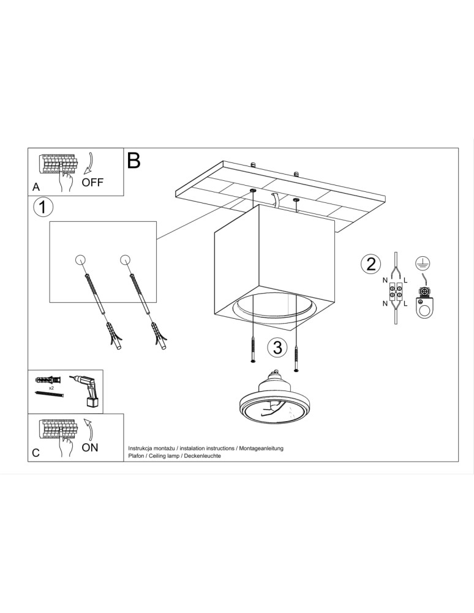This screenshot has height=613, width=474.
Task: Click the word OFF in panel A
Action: tap(92, 182)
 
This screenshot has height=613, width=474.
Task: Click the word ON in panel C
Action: tap(90, 447)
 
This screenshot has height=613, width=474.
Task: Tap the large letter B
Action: tap(134, 161)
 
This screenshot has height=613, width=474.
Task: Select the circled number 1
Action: tap(43, 207)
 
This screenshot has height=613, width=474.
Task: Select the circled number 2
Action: tap(370, 264)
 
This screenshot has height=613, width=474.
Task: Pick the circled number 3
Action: tap(277, 347)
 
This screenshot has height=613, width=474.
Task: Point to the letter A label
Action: tap(36, 187)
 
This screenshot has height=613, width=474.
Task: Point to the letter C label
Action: tap(36, 453)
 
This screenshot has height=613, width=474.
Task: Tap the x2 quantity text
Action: tap(51, 388)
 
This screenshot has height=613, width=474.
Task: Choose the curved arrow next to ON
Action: tap(89, 429)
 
